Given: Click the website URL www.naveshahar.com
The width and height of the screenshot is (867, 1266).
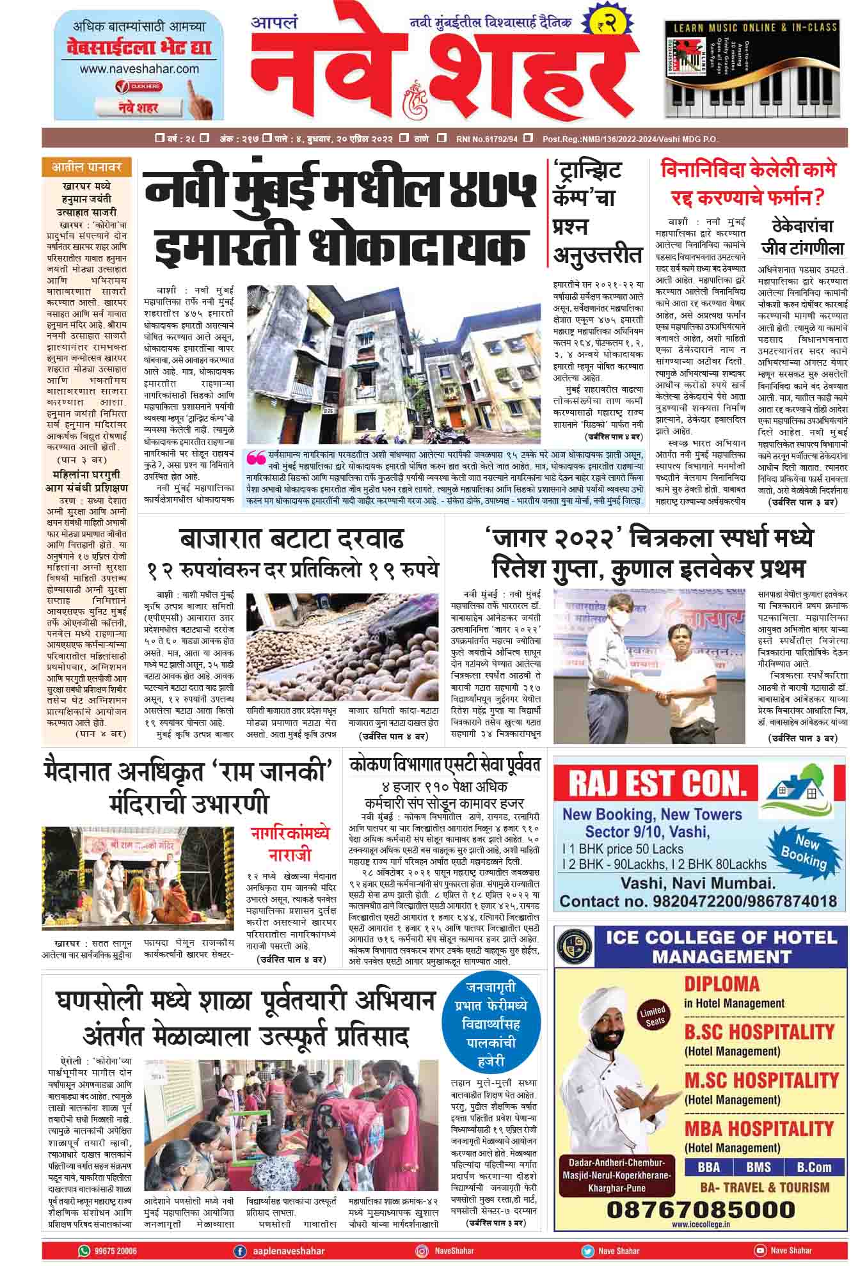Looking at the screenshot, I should click(139, 69).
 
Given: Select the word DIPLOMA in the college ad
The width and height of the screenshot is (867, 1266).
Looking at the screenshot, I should click(722, 984).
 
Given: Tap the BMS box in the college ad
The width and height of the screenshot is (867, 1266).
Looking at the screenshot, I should click(758, 1166).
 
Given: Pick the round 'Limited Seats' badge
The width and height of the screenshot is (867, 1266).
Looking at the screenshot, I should click(653, 1015).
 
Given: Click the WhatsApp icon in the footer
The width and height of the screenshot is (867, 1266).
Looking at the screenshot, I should click(84, 1250).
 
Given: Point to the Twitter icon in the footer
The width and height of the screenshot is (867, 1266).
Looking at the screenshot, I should click(587, 1251).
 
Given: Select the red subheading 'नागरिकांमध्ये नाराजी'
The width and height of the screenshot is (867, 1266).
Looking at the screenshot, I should click(290, 844).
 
